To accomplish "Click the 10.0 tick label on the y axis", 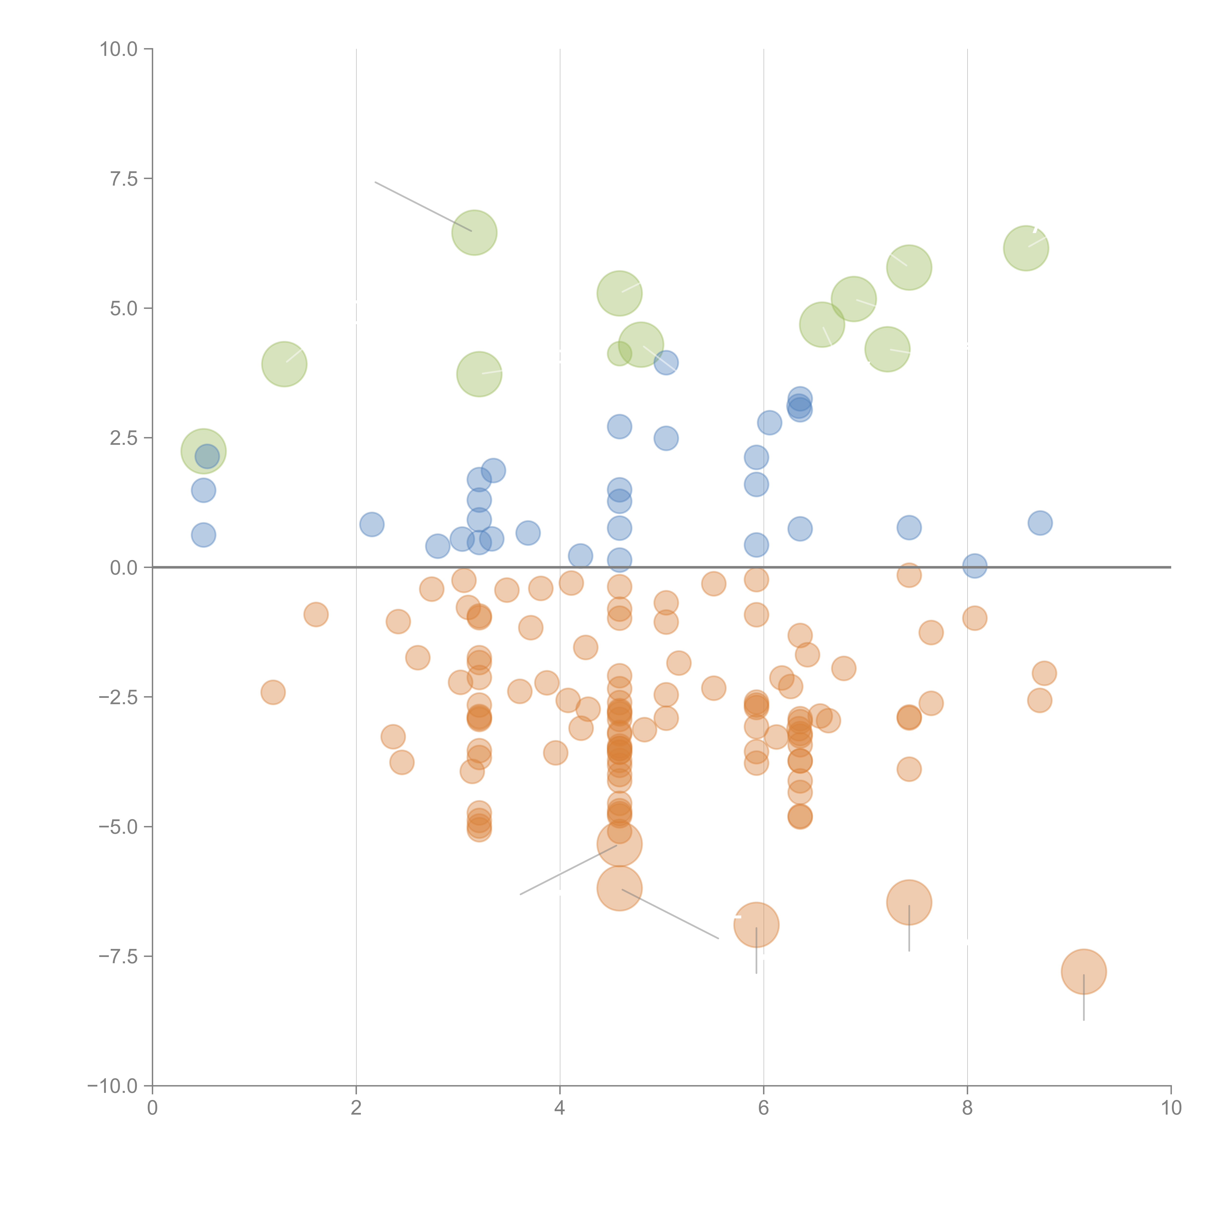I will pyautogui.click(x=119, y=49).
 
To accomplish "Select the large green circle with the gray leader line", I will pyautogui.click(x=474, y=232).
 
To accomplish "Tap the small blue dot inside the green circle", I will pyautogui.click(x=207, y=456).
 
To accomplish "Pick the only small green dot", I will pyautogui.click(x=619, y=354).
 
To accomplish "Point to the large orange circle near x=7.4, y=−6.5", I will pyautogui.click(x=909, y=902).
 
